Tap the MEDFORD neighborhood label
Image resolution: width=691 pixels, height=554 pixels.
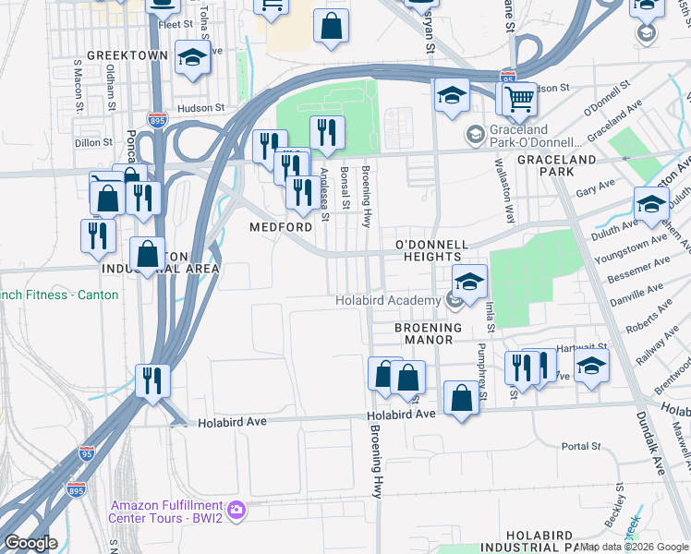tap(281, 227)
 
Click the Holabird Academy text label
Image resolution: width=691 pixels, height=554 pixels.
tap(387, 300)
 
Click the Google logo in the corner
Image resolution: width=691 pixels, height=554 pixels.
tap(30, 543)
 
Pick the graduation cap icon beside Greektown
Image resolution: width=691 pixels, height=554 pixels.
tap(192, 59)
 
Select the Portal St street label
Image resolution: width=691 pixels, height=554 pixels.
tap(581, 447)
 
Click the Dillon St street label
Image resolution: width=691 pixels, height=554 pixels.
tap(93, 142)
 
